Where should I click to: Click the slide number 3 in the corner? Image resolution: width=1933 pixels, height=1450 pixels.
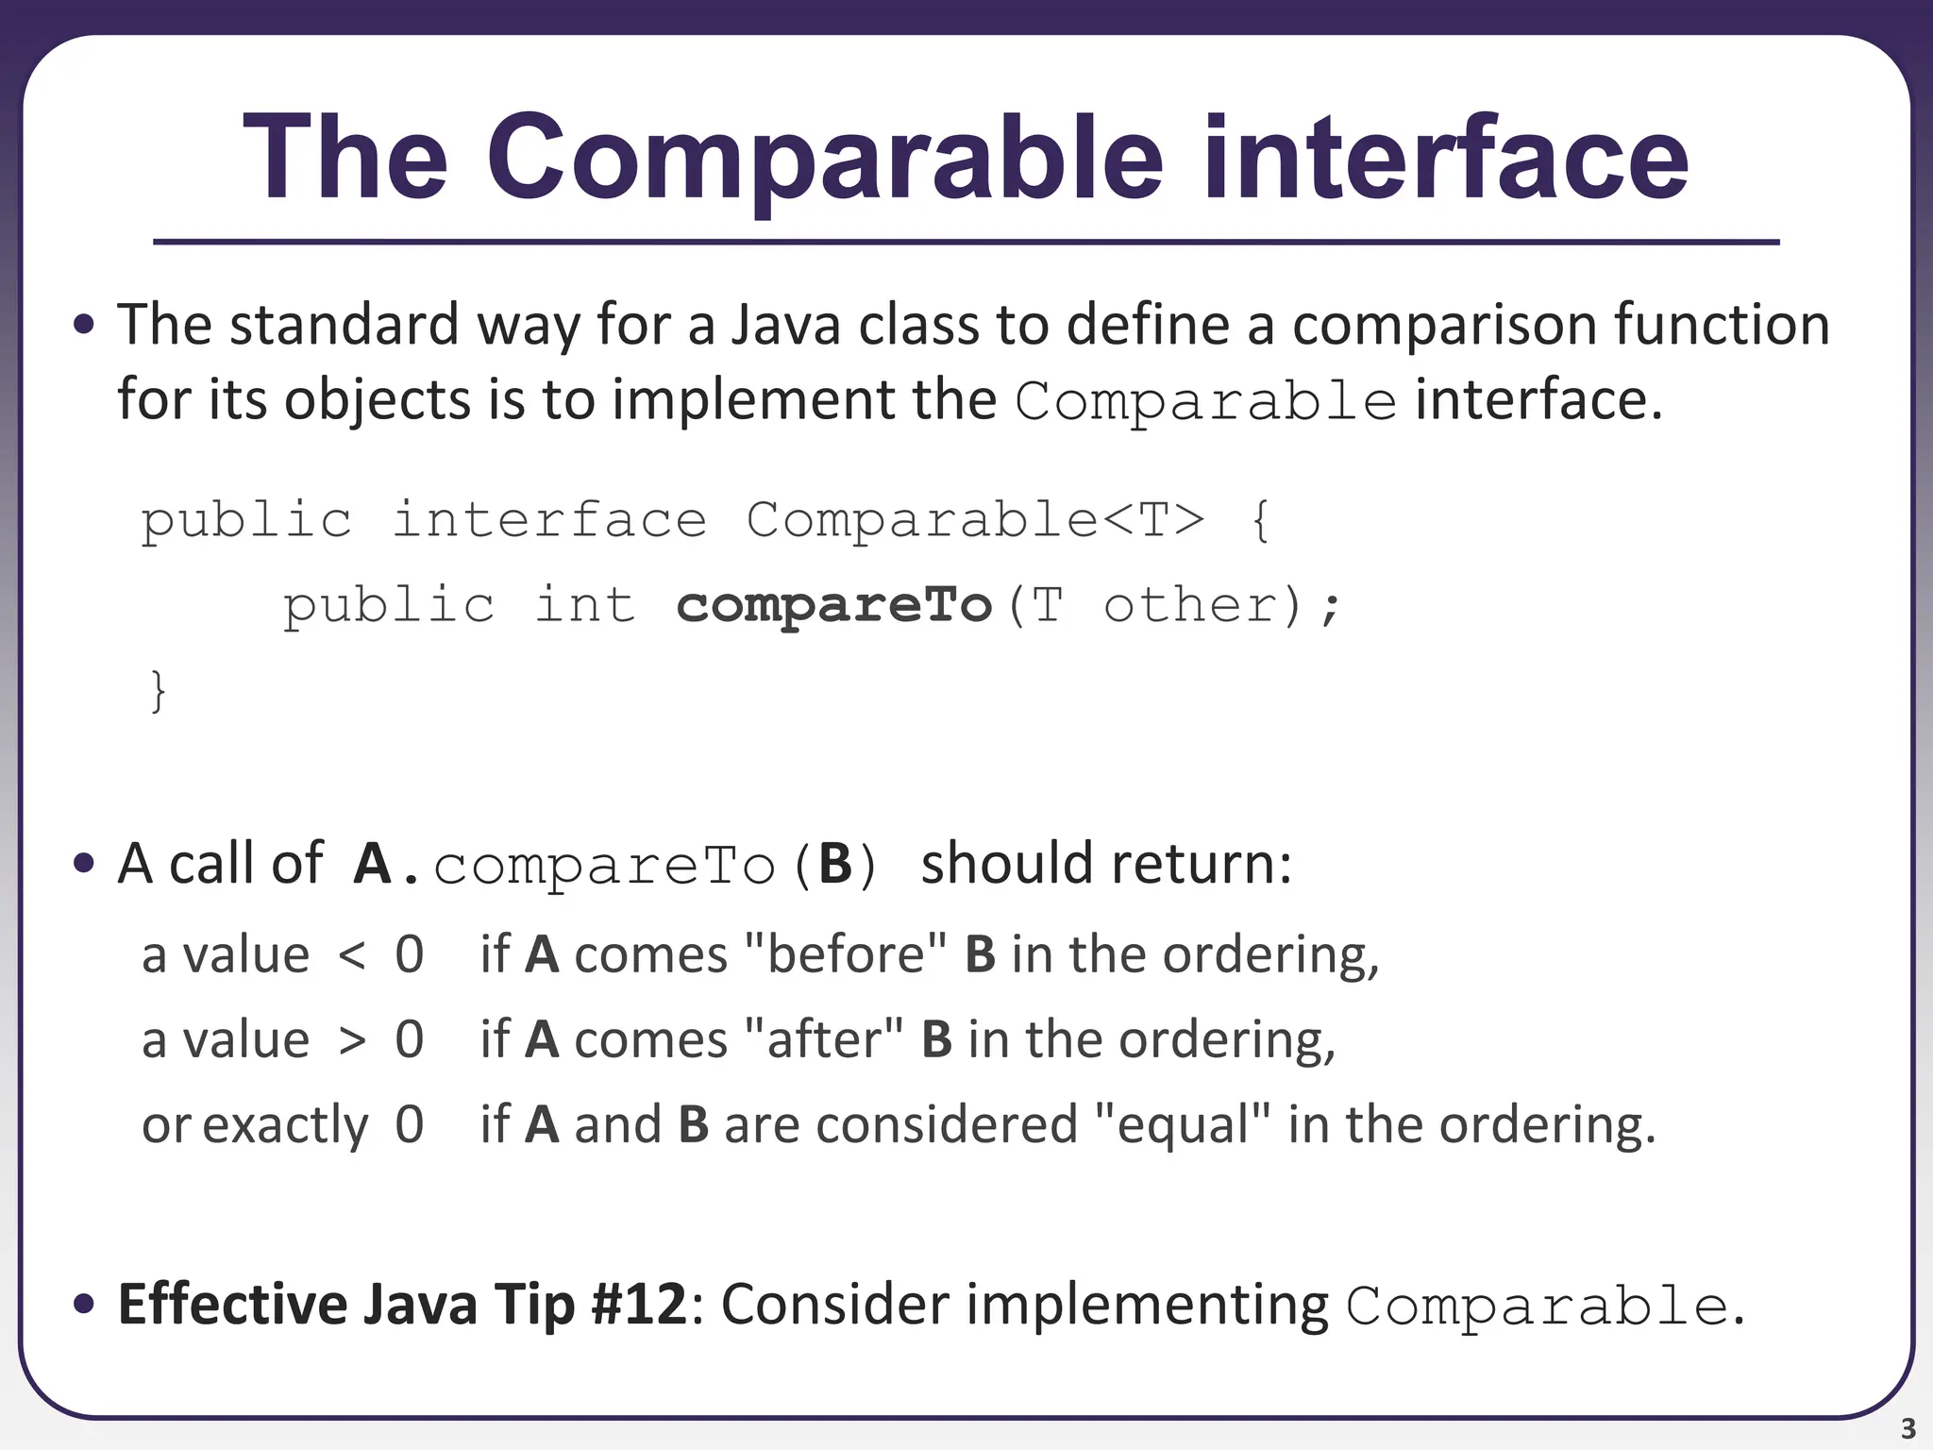1908,1428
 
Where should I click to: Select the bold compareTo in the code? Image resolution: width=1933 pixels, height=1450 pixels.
834,605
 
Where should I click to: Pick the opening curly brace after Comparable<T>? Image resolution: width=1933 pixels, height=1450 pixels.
1260,520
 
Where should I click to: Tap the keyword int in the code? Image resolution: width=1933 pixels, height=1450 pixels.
585,605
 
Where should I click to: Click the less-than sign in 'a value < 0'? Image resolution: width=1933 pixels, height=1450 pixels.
351,955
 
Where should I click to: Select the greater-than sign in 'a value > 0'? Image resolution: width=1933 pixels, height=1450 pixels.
351,1040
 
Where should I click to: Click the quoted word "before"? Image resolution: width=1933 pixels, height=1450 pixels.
846,954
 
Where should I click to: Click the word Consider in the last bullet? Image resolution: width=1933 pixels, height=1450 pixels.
834,1305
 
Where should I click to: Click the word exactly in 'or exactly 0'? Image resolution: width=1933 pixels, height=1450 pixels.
285,1125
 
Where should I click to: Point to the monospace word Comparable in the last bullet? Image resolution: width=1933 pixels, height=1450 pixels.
1536,1307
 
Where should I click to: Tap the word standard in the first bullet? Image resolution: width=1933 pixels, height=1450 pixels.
344,325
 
